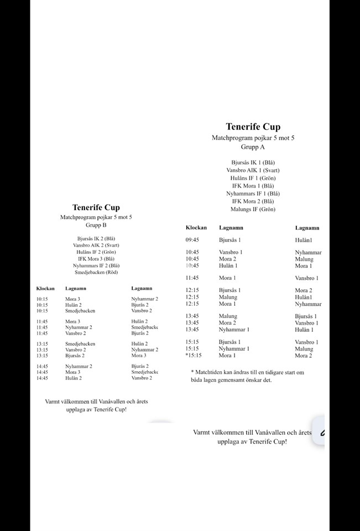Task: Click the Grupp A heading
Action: pyautogui.click(x=253, y=147)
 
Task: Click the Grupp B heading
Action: pyautogui.click(x=96, y=226)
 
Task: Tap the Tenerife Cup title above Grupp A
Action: pyautogui.click(x=253, y=127)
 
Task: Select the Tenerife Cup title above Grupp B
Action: pyautogui.click(x=96, y=208)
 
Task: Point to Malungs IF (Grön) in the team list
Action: pyautogui.click(x=253, y=209)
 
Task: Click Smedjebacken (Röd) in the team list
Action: pyautogui.click(x=96, y=272)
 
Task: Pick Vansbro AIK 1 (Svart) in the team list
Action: pyautogui.click(x=253, y=170)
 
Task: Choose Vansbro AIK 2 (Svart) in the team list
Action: pyautogui.click(x=96, y=245)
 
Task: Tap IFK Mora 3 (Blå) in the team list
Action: pyautogui.click(x=96, y=258)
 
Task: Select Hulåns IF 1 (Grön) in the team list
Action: pyautogui.click(x=253, y=178)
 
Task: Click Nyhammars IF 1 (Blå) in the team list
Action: pyautogui.click(x=253, y=194)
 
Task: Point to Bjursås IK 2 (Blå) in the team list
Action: pyautogui.click(x=96, y=238)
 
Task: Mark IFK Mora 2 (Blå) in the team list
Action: pyautogui.click(x=253, y=201)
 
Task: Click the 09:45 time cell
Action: pyautogui.click(x=192, y=240)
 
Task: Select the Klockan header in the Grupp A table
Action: pyautogui.click(x=196, y=227)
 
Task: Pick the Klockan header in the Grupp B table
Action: pyautogui.click(x=45, y=288)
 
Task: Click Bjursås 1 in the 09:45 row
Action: pyautogui.click(x=229, y=240)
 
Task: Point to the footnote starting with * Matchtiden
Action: pyautogui.click(x=247, y=376)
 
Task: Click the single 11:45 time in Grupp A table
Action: pyautogui.click(x=192, y=278)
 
